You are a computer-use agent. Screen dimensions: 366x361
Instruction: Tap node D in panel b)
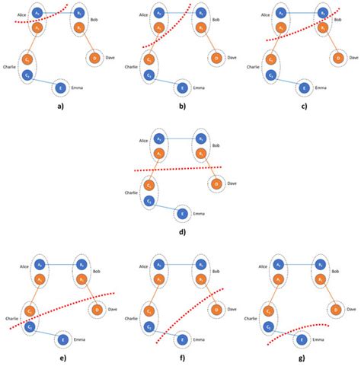click(216, 59)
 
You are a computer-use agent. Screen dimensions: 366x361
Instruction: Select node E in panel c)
click(305, 88)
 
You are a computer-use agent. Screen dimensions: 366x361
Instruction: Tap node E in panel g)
click(301, 339)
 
